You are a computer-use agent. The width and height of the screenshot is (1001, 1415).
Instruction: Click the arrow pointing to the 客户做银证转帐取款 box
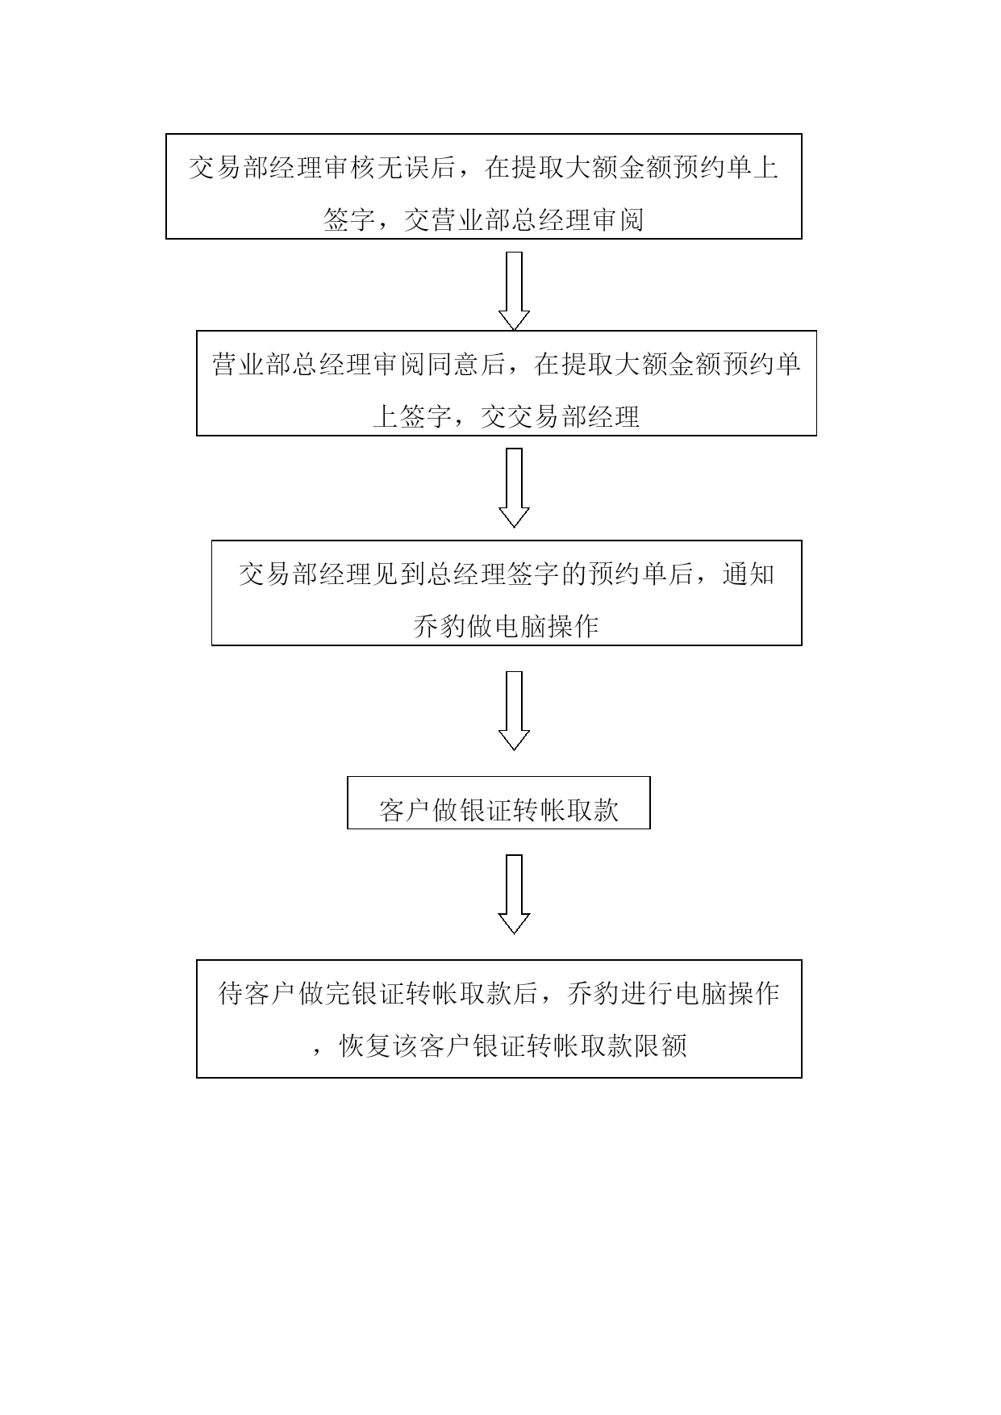(514, 711)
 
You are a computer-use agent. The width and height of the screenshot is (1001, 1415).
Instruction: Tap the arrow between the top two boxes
(514, 291)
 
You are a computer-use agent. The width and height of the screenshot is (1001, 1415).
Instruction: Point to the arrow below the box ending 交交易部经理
(514, 488)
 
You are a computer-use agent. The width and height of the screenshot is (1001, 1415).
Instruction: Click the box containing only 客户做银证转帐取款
(498, 803)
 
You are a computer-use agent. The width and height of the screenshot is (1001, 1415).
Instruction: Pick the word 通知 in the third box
(749, 574)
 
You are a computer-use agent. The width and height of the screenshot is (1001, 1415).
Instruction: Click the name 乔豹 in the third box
(440, 626)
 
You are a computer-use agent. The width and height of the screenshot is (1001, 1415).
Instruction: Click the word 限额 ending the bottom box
(661, 1046)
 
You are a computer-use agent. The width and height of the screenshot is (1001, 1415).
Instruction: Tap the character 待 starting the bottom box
(231, 993)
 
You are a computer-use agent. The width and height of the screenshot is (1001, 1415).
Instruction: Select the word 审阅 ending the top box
(617, 219)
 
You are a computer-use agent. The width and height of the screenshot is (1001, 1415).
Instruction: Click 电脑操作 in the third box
(546, 626)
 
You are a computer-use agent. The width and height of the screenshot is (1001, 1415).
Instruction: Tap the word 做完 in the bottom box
(325, 993)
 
